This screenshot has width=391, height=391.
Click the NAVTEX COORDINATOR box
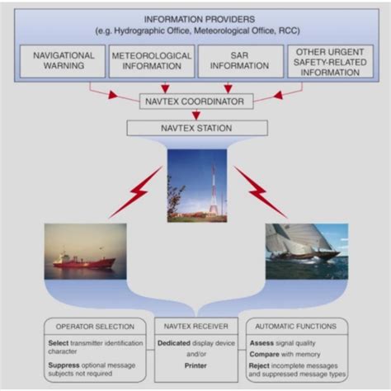click(x=196, y=101)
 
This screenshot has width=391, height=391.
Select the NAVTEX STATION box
click(x=197, y=128)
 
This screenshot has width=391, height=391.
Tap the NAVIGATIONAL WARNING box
click(x=63, y=61)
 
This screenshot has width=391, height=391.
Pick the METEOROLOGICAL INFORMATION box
click(x=152, y=61)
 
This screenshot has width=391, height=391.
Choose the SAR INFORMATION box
click(x=241, y=61)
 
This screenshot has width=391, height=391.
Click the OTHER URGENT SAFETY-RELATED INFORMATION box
click(x=330, y=61)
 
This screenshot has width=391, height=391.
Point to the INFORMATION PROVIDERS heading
click(x=200, y=20)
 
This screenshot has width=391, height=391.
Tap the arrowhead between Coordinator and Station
click(x=196, y=115)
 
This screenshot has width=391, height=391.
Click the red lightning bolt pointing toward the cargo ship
click(x=135, y=192)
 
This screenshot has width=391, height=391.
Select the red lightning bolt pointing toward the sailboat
click(x=261, y=192)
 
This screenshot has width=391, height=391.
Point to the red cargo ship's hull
click(x=84, y=263)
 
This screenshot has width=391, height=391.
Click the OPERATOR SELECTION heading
click(x=95, y=327)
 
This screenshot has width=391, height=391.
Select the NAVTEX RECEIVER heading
click(x=196, y=327)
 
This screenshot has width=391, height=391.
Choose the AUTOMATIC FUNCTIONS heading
click(x=296, y=327)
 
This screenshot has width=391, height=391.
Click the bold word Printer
click(x=195, y=365)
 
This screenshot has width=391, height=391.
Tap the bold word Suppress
click(x=64, y=365)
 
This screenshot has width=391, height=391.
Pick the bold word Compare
click(x=265, y=355)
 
